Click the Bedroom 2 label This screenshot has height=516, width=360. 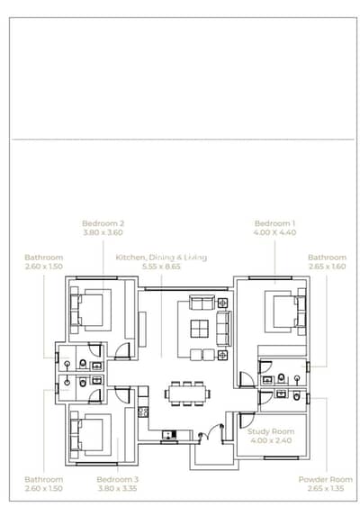pyautogui.click(x=103, y=223)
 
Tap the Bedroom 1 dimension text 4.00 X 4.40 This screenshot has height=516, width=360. pyautogui.click(x=274, y=232)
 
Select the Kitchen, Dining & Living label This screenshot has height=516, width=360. pyautogui.click(x=161, y=258)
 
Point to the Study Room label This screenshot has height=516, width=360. pyautogui.click(x=271, y=431)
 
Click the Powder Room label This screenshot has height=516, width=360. pyautogui.click(x=326, y=479)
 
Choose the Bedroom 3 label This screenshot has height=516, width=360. pyautogui.click(x=117, y=479)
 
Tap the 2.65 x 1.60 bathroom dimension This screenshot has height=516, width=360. pyautogui.click(x=327, y=267)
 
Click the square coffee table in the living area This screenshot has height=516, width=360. pyautogui.click(x=199, y=329)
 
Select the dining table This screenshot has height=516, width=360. pyautogui.click(x=188, y=394)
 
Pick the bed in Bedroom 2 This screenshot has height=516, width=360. pyautogui.click(x=91, y=310)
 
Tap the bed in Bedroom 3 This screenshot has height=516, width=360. pyautogui.click(x=91, y=435)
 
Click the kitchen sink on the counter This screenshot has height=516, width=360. pyautogui.click(x=169, y=435)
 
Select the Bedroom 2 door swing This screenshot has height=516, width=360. pyautogui.click(x=122, y=351)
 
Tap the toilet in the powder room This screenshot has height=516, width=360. pyautogui.click(x=296, y=396)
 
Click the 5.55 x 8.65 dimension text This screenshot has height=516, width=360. pyautogui.click(x=161, y=267)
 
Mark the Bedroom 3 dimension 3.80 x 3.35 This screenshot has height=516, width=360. pyautogui.click(x=117, y=488)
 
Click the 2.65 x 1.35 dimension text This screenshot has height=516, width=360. pyautogui.click(x=326, y=488)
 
